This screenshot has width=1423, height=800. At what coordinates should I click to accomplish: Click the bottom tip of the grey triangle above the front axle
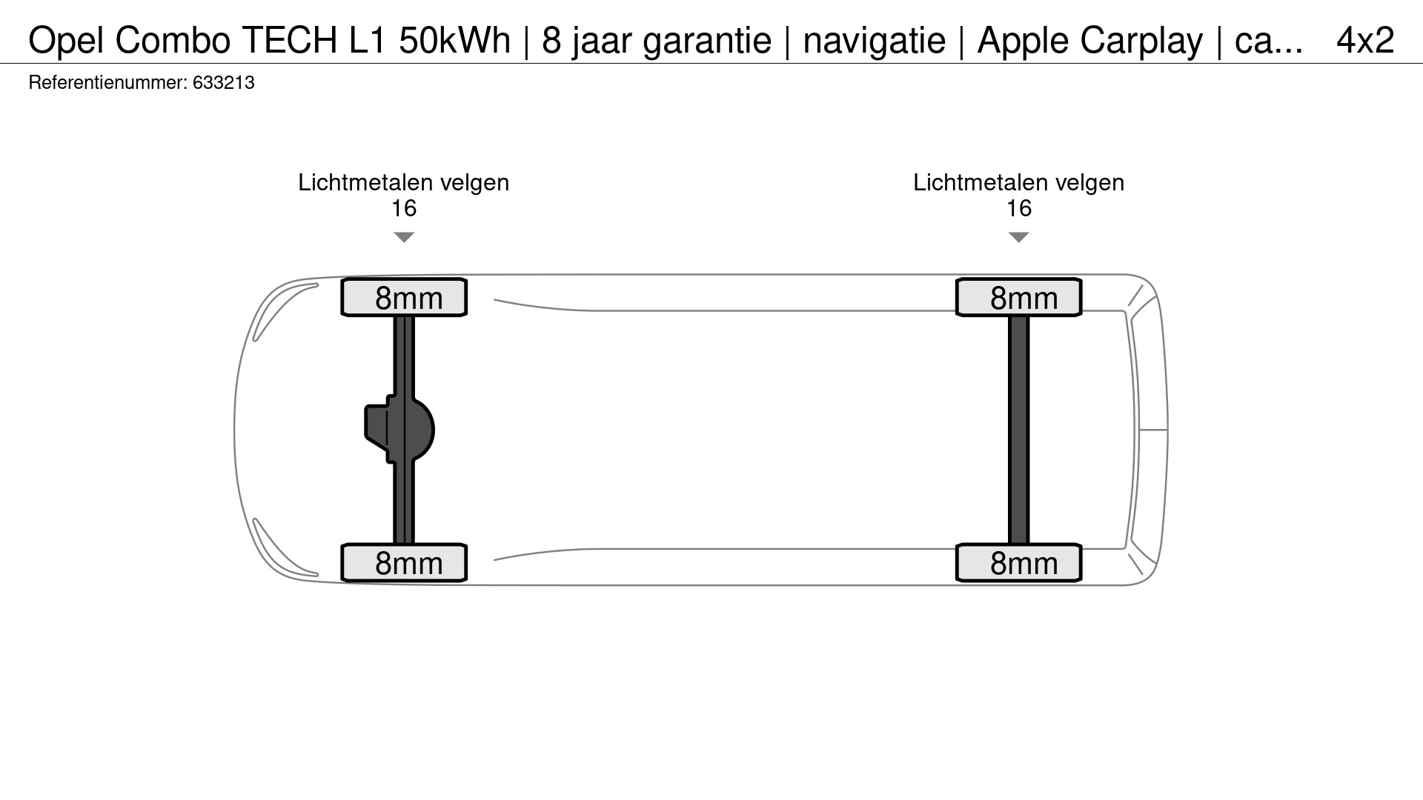404,242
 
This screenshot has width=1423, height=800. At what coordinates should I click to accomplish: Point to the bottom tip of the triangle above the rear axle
1019,242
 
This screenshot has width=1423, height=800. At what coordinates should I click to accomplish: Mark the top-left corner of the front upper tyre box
342,279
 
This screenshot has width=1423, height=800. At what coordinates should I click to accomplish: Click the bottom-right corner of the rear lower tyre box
1081,581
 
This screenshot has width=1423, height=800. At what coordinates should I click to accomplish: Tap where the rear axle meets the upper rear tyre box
1019,316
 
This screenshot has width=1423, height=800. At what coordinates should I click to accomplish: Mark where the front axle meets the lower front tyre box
404,544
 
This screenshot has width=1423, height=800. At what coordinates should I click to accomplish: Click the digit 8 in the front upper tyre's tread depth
383,299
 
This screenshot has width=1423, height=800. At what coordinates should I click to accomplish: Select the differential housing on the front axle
399,430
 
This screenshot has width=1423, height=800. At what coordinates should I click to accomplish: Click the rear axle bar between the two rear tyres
1019,430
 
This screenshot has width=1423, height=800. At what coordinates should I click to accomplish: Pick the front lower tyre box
404,563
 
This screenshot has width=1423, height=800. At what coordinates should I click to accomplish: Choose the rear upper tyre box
1019,298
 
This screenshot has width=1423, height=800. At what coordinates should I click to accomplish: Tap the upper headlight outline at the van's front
285,311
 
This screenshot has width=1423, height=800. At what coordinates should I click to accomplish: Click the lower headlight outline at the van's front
285,548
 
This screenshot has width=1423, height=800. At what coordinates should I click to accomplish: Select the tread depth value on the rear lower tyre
1024,564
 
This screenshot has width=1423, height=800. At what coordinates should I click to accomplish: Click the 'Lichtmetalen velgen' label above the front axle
404,182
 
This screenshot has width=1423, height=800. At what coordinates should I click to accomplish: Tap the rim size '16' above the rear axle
1019,208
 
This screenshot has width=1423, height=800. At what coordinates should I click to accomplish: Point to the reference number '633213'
224,83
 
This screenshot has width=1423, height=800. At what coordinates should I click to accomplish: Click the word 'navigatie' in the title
875,40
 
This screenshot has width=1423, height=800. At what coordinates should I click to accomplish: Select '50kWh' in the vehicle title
455,40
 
